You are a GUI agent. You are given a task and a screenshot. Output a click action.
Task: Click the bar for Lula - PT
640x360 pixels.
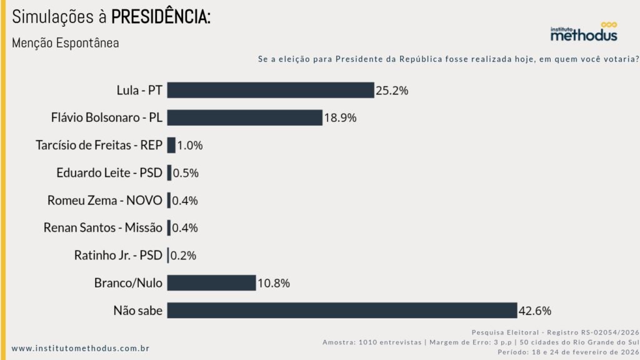click(270, 90)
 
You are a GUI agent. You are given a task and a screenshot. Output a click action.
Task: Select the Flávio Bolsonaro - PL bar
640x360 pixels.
click(244, 117)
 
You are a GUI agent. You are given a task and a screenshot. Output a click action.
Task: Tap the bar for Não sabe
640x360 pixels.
click(342, 311)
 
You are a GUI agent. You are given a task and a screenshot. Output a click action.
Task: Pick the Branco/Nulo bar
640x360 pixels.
click(211, 283)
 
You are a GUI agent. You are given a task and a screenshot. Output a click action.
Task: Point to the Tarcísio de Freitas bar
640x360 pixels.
click(171, 145)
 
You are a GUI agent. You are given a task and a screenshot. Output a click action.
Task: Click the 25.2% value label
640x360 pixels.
click(392, 91)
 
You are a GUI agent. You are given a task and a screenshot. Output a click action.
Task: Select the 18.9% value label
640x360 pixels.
click(340, 118)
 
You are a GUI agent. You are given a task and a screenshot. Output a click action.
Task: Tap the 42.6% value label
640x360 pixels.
click(534, 311)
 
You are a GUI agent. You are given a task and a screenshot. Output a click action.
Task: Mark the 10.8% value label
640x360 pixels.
click(273, 284)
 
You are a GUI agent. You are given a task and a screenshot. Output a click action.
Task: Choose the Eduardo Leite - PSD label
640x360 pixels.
click(109, 172)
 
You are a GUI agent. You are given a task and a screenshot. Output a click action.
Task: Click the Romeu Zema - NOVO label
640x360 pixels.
click(104, 201)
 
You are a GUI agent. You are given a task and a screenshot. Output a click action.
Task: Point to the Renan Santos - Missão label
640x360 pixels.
click(103, 228)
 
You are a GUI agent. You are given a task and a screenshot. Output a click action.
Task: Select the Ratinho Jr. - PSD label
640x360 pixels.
click(118, 256)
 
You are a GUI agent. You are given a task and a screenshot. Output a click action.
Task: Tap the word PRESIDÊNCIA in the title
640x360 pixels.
click(161, 17)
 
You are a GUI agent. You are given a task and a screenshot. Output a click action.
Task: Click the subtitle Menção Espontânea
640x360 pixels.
click(65, 44)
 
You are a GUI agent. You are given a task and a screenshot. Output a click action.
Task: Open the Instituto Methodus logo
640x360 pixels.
click(583, 32)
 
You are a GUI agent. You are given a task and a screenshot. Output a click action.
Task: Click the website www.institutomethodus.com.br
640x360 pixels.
click(80, 348)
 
